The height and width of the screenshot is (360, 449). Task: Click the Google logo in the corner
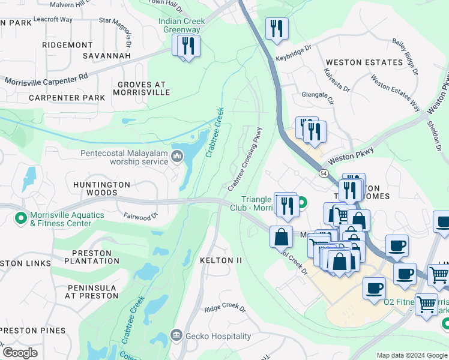(19, 353)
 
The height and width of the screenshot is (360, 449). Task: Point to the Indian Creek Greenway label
(182, 25)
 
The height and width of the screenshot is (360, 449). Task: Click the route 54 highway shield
(323, 173)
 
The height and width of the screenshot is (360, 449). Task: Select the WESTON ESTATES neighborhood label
(364, 62)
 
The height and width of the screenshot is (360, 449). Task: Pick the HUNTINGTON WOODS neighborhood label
(101, 188)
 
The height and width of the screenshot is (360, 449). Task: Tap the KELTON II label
(222, 260)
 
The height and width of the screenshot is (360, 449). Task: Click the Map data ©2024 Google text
(412, 355)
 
